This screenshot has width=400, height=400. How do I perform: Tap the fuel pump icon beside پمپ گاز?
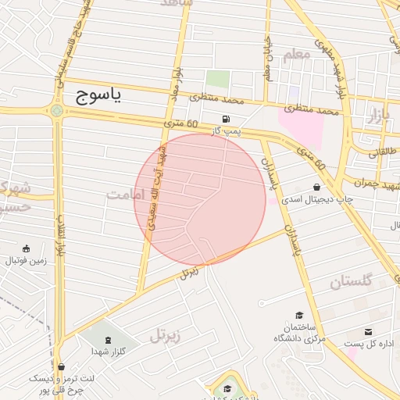coord(227,119)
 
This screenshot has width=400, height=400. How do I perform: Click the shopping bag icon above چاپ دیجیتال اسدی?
coord(316,187)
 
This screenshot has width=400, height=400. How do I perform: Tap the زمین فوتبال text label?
coord(26,261)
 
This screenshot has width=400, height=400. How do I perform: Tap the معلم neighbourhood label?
coord(298,54)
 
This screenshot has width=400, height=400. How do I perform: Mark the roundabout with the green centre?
coord(57,110)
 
